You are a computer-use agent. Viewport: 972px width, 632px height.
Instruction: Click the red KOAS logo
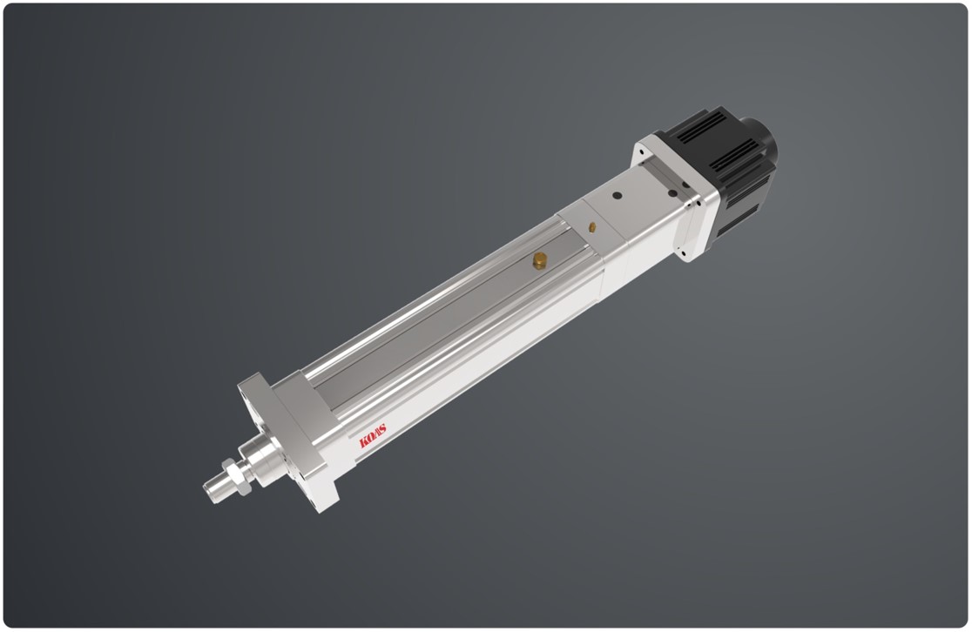point(373,435)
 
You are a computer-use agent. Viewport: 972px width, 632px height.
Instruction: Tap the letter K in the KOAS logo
point(364,441)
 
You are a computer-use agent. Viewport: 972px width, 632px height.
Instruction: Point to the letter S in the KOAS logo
point(381,429)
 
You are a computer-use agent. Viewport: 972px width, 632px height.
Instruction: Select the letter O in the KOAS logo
point(370,438)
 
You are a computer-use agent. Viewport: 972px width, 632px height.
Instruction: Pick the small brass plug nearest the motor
point(592,227)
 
